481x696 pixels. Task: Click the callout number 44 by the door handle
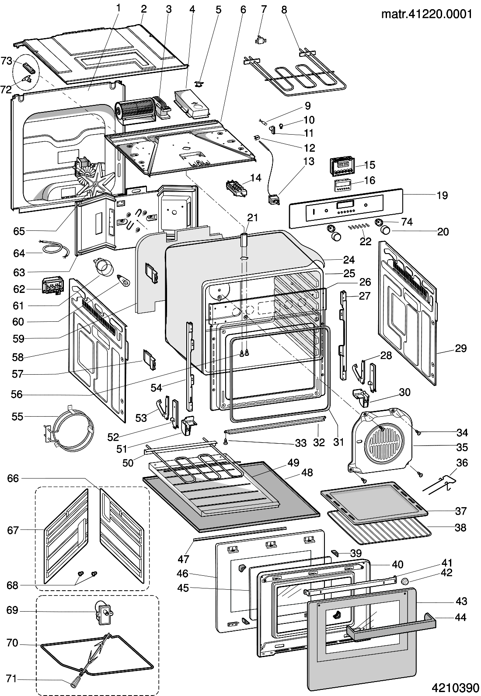(460, 617)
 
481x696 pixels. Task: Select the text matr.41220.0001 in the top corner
(427, 14)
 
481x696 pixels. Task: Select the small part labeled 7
(260, 39)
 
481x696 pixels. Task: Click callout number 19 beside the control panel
(443, 195)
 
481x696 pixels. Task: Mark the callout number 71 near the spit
(12, 679)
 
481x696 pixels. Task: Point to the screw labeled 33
(226, 442)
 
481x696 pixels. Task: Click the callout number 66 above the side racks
(13, 478)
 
